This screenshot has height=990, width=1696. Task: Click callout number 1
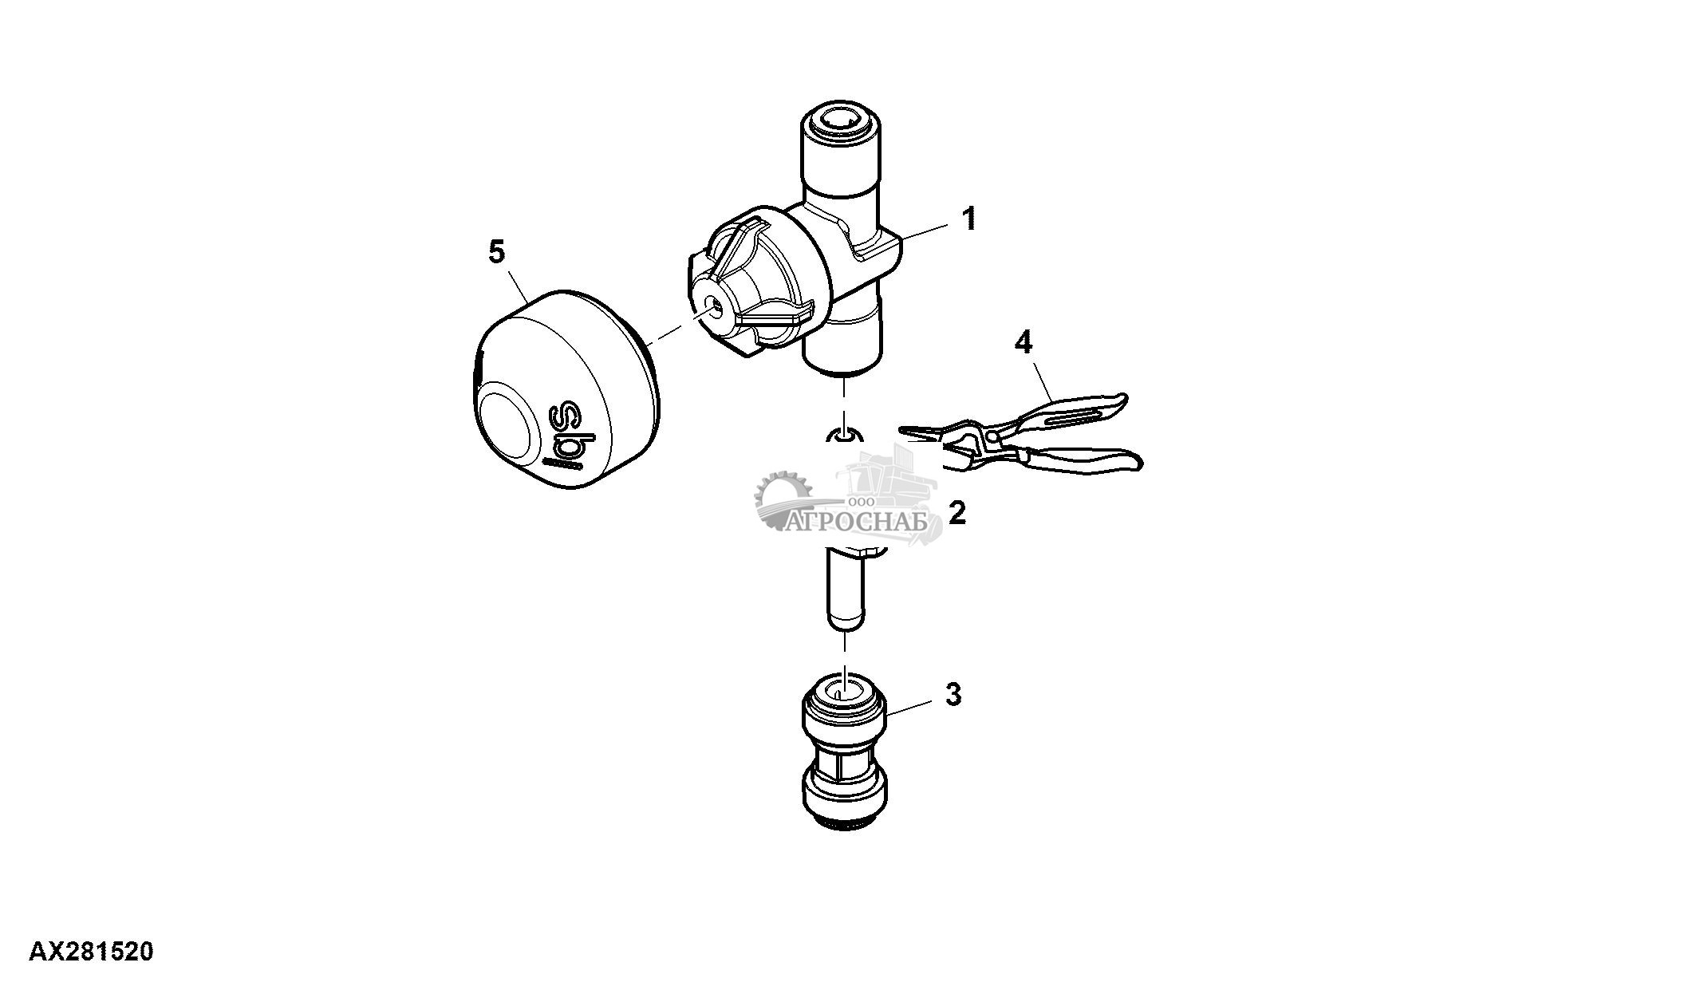pos(968,218)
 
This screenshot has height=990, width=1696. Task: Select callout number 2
pos(956,512)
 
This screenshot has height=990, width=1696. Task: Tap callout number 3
pos(953,695)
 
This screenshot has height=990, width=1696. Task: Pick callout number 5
pos(496,252)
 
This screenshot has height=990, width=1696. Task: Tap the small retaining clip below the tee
pos(844,435)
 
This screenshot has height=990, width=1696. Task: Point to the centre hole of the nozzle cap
pos(715,306)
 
